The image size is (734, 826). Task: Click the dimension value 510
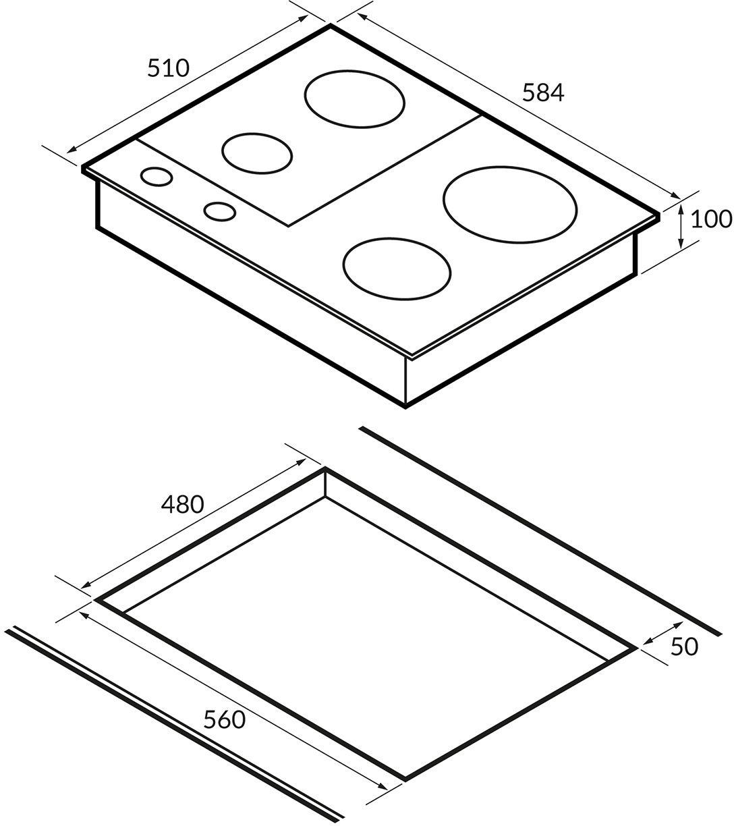pos(168,68)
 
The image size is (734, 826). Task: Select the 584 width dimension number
pos(543,92)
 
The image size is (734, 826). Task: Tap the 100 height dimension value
pos(712,219)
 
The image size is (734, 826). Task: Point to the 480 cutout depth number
pos(182,504)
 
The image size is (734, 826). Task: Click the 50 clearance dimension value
pos(685,646)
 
